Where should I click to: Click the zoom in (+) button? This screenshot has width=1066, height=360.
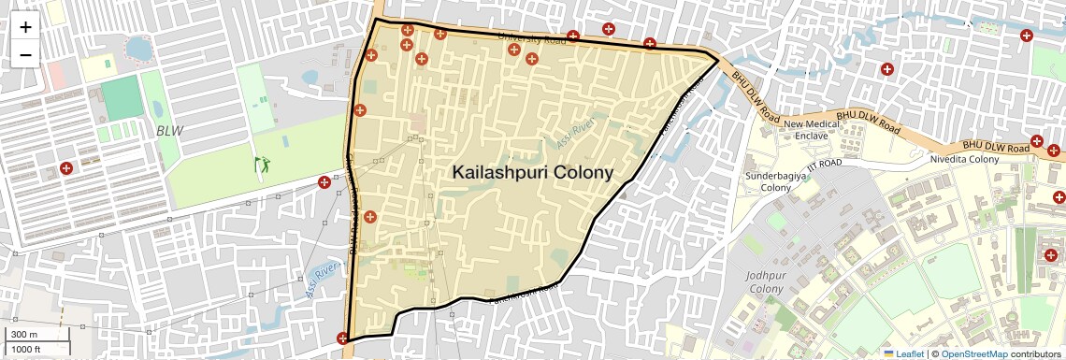click(x=25, y=27)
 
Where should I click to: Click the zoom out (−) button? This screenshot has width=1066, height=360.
click(x=25, y=54)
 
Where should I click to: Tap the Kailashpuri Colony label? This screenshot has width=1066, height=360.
click(x=532, y=172)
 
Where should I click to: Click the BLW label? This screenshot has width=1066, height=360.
click(x=170, y=131)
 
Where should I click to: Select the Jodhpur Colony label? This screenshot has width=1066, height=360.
click(x=765, y=282)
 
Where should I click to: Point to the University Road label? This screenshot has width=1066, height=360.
click(x=532, y=39)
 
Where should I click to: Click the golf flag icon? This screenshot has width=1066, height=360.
click(x=261, y=165)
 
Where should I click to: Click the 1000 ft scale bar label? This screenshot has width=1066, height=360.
click(x=25, y=349)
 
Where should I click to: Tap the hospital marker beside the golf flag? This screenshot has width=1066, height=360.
click(x=324, y=181)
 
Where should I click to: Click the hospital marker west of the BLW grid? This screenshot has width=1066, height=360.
click(x=66, y=168)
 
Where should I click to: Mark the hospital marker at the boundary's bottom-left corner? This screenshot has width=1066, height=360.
click(x=343, y=338)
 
